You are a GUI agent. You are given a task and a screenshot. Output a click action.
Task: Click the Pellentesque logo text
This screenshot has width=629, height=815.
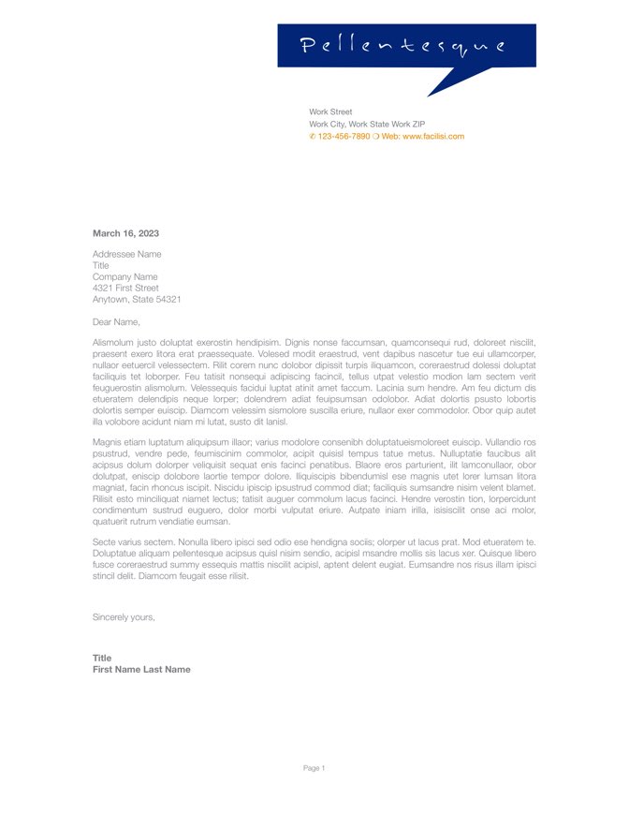pyautogui.click(x=403, y=46)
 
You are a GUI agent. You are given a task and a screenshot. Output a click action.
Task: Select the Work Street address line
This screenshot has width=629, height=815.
pyautogui.click(x=330, y=111)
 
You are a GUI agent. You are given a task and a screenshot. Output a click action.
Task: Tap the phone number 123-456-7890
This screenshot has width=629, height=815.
pyautogui.click(x=344, y=136)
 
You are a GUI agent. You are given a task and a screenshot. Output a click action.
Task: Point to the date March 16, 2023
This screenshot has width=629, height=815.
pyautogui.click(x=125, y=233)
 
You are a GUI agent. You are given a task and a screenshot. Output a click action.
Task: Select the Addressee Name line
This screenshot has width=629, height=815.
pyautogui.click(x=126, y=254)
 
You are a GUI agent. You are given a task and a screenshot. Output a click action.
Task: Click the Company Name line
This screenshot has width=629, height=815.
pyautogui.click(x=124, y=277)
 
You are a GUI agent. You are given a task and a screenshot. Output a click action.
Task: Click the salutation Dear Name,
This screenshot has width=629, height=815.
pyautogui.click(x=116, y=321)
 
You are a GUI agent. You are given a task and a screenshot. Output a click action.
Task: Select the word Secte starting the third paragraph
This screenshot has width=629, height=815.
pyautogui.click(x=105, y=542)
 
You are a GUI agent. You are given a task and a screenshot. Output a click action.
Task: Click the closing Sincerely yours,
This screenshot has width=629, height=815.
pyautogui.click(x=124, y=617)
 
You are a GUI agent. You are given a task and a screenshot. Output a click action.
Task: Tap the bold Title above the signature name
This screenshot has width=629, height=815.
pyautogui.click(x=102, y=658)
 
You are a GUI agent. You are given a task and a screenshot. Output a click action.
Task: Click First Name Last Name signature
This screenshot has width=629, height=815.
pyautogui.click(x=141, y=670)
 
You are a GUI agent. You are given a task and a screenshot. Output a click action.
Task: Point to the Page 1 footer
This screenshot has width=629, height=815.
pyautogui.click(x=314, y=768)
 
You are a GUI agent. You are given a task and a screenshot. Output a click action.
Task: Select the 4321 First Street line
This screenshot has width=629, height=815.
pyautogui.click(x=125, y=289)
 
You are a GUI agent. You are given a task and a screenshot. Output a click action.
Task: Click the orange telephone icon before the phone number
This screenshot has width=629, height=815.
pyautogui.click(x=313, y=136)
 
